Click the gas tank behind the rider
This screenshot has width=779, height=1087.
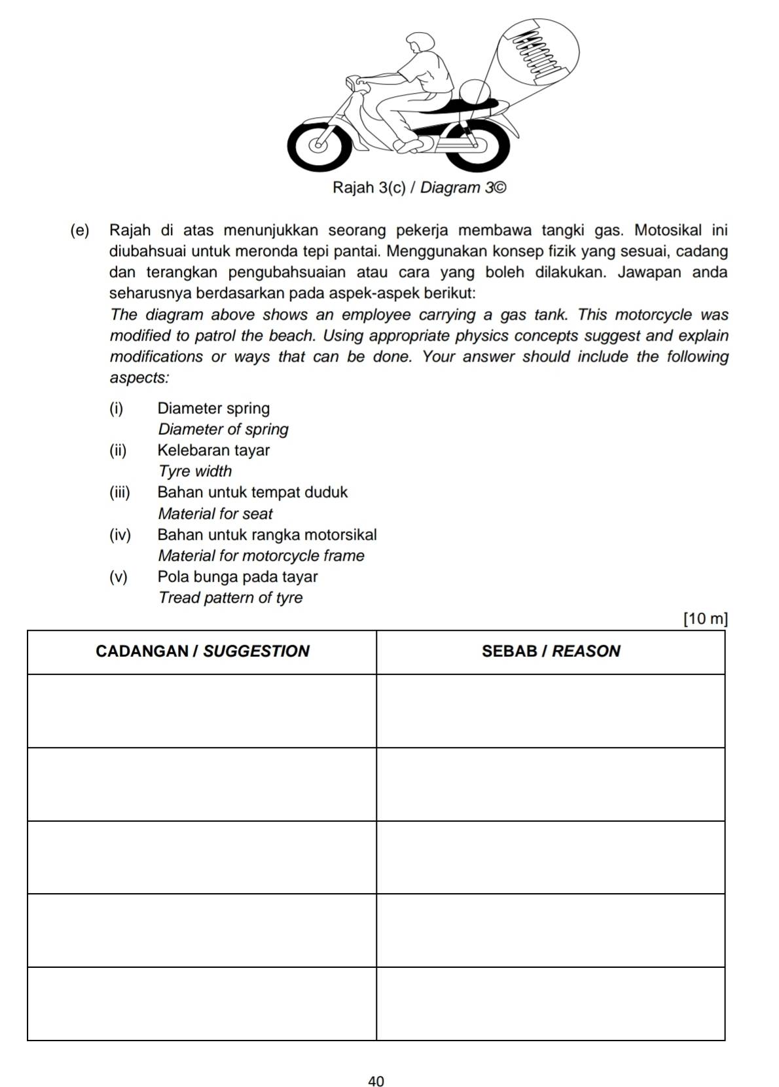[x=473, y=91]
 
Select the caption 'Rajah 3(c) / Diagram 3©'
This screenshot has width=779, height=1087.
[x=419, y=188]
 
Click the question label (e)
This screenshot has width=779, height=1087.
[x=79, y=230]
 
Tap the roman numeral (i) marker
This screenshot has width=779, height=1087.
[x=117, y=409]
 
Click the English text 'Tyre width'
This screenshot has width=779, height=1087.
[x=195, y=471]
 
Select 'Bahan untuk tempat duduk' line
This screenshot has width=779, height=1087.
[x=253, y=492]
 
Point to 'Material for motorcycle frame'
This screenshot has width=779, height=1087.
[x=261, y=556]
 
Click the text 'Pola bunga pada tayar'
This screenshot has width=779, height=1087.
[x=238, y=577]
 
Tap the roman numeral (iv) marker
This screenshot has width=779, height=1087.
[x=120, y=535]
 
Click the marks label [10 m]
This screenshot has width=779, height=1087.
[x=704, y=619]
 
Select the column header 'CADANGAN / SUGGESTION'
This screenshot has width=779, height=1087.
[x=202, y=652]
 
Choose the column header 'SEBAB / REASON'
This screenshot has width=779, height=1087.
[x=551, y=652]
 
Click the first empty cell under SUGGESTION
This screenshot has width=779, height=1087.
[x=202, y=710]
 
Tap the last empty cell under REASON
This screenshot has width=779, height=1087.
[x=551, y=1003]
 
